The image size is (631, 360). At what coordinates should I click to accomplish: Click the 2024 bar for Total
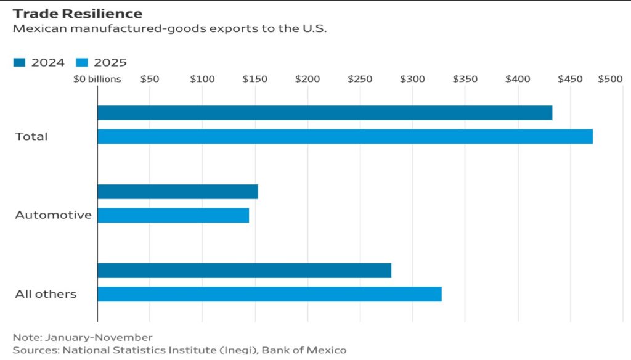(x=325, y=113)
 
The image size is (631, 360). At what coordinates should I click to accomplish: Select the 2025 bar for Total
(x=345, y=136)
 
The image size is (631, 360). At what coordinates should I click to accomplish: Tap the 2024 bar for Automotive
(x=177, y=192)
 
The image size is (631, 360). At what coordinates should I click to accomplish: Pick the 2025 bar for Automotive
(x=173, y=215)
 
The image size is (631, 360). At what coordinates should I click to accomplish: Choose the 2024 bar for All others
(x=244, y=271)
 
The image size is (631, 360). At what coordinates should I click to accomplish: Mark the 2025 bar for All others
(x=269, y=294)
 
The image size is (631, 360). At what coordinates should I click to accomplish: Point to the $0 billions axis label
(x=97, y=80)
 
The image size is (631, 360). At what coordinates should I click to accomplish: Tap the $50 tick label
(x=150, y=80)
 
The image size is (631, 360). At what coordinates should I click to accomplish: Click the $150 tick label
(x=255, y=80)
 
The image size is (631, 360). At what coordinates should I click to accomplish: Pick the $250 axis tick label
(x=360, y=80)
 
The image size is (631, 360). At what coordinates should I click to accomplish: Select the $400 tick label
(x=518, y=80)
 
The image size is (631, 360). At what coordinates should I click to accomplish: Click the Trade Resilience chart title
(x=77, y=14)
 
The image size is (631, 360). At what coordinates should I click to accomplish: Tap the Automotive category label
(x=53, y=215)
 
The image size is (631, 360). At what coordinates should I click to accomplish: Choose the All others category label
(x=46, y=294)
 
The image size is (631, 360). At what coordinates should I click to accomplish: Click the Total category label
(x=31, y=136)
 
